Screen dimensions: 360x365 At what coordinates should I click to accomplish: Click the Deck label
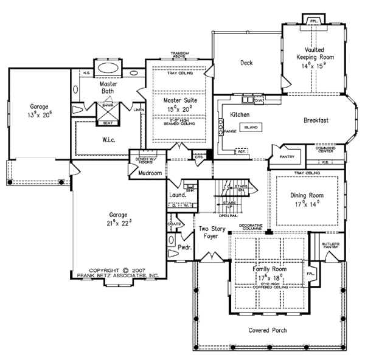(246, 63)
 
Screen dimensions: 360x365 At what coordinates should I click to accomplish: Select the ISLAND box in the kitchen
(251, 128)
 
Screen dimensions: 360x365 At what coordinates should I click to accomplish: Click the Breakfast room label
(316, 120)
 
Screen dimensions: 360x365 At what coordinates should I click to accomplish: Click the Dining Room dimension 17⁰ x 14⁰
(307, 205)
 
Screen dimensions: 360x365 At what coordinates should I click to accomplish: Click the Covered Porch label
(268, 331)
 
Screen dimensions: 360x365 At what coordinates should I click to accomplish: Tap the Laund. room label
(177, 195)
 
